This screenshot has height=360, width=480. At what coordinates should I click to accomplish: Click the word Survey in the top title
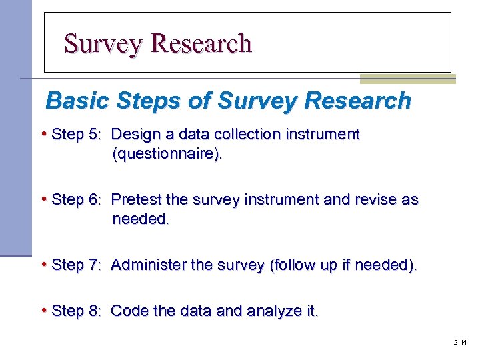103,44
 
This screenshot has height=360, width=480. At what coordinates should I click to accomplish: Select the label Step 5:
75,135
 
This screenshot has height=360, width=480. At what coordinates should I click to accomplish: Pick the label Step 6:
75,200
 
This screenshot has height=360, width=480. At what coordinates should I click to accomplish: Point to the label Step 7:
75,265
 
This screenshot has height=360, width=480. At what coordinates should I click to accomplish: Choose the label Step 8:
75,311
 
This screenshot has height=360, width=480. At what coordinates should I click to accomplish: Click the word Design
133,135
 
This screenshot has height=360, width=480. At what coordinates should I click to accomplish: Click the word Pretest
136,200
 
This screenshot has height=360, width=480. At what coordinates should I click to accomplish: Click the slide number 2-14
460,343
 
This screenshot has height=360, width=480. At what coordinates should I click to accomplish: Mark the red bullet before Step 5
44,134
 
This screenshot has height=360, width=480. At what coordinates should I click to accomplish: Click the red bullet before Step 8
44,310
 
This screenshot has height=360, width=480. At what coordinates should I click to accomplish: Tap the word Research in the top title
201,44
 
